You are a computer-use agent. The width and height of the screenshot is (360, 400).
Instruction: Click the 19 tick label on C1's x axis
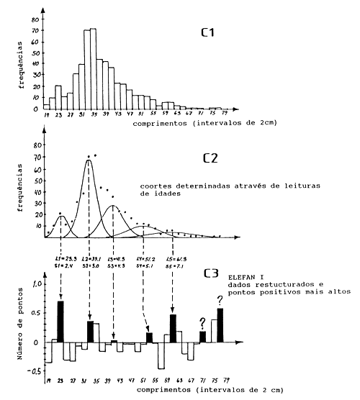(47, 114)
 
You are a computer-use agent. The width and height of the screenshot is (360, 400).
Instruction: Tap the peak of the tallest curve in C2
(89, 160)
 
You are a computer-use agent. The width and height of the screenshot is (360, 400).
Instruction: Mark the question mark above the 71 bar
(202, 322)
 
